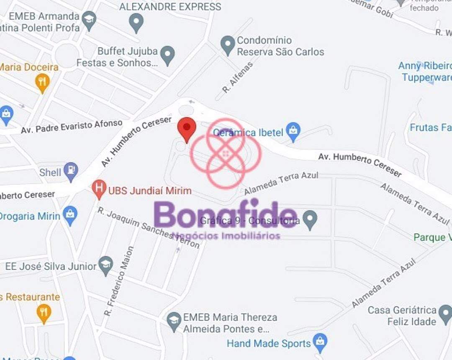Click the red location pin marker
point(187,128)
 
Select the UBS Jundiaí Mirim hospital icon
point(99,189)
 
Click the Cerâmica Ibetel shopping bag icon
point(293,131)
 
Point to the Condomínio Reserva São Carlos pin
point(228,45)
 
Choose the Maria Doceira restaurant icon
point(42,82)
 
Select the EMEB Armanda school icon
point(89,20)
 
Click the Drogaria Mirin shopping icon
point(70,215)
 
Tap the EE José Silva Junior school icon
point(106,265)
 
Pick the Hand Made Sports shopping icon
point(320,343)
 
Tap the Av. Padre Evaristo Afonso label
point(72,126)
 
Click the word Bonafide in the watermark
point(226,215)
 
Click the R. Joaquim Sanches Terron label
point(149,228)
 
